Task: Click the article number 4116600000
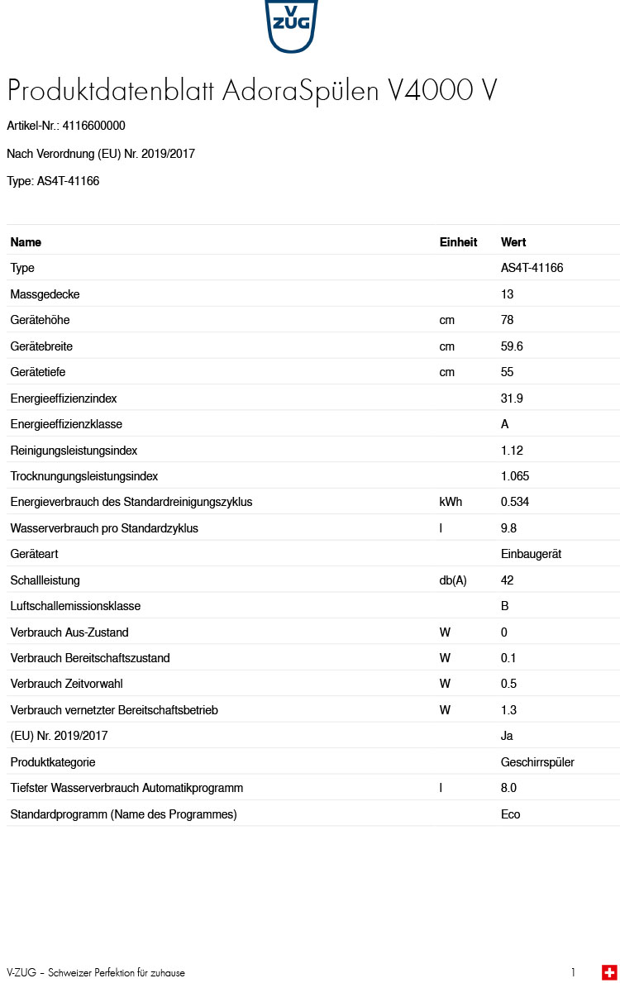(x=94, y=126)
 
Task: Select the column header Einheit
(x=458, y=242)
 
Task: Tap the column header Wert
(x=513, y=242)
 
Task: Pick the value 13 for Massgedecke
(x=507, y=294)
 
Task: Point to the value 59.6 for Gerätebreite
(x=512, y=346)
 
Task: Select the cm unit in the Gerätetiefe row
(x=447, y=372)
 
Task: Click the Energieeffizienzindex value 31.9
(x=512, y=398)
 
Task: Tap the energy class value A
(x=505, y=424)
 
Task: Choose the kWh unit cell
(x=451, y=502)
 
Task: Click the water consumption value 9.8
(x=509, y=528)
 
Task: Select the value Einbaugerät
(x=531, y=554)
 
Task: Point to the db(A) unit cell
(x=453, y=580)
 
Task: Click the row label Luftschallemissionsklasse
(x=75, y=606)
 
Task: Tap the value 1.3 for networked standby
(x=509, y=710)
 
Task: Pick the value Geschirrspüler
(x=537, y=762)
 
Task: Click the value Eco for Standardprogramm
(x=511, y=814)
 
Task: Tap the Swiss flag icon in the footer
(x=609, y=972)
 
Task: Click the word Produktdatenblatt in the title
(x=112, y=91)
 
